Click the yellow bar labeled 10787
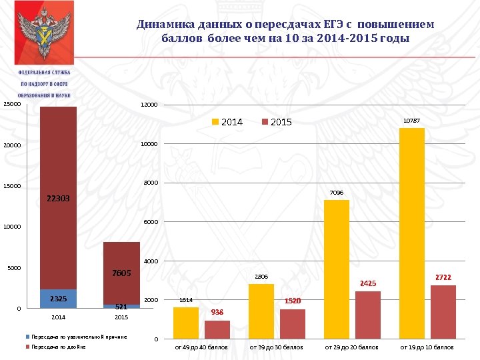pyautogui.click(x=411, y=233)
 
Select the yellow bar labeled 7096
pyautogui.click(x=336, y=269)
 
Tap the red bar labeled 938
pyautogui.click(x=217, y=329)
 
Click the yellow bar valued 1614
pyautogui.click(x=185, y=323)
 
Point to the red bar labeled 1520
pyautogui.click(x=293, y=324)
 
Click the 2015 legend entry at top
pyautogui.click(x=276, y=122)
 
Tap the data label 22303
pyautogui.click(x=58, y=199)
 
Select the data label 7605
pyautogui.click(x=121, y=273)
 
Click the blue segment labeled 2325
pyautogui.click(x=58, y=299)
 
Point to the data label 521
pyautogui.click(x=121, y=307)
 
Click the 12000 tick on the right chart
pyautogui.click(x=150, y=105)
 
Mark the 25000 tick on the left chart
pyautogui.click(x=12, y=104)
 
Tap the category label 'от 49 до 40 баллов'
pyautogui.click(x=201, y=347)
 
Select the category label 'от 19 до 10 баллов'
pyautogui.click(x=427, y=347)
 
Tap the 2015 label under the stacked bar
pyautogui.click(x=121, y=317)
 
